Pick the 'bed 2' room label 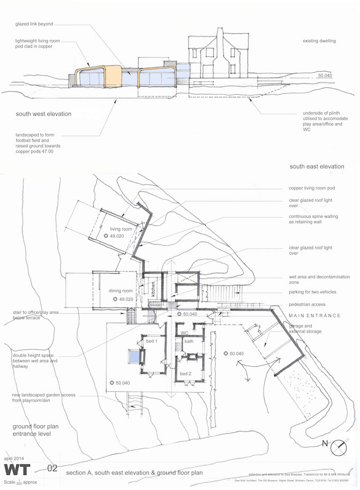186,373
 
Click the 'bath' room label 189,341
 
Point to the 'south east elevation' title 317,167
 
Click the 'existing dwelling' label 319,41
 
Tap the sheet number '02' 52,468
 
